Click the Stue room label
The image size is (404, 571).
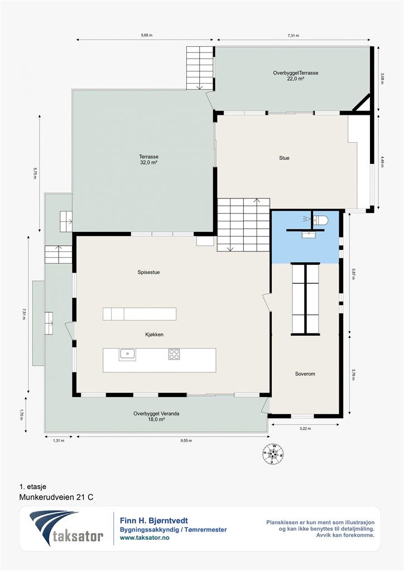[x=284, y=158]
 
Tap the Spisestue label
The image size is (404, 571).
[x=148, y=272]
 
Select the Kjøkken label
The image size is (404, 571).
[x=153, y=335]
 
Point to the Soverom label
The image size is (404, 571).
[x=305, y=374]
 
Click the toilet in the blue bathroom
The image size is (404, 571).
[x=321, y=220]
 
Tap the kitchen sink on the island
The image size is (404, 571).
[x=127, y=354]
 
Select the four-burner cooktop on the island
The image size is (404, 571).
[x=174, y=354]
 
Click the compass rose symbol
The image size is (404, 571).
[x=272, y=454]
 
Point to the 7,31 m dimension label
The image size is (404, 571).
[x=294, y=36]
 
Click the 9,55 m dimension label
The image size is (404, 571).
[x=186, y=441]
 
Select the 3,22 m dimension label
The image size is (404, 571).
[x=305, y=429]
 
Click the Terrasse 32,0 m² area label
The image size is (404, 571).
[x=148, y=159]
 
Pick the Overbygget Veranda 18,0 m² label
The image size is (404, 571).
[x=156, y=416]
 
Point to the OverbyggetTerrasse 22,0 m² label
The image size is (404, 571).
[x=295, y=75]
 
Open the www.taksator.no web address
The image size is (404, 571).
[x=145, y=538]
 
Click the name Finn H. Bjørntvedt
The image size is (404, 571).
[x=153, y=521]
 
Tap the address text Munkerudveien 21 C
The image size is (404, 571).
[x=56, y=497]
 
